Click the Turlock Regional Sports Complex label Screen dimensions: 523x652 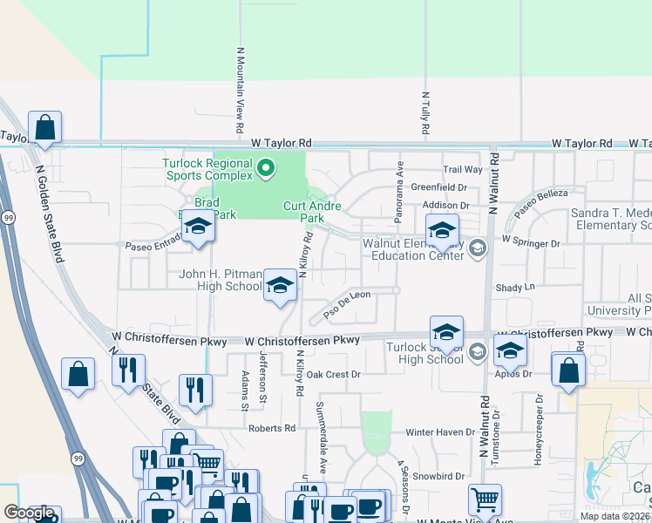(207, 170)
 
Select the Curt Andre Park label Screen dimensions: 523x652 (311, 212)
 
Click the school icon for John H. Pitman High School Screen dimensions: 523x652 (280, 286)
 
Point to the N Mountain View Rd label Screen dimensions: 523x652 (240, 96)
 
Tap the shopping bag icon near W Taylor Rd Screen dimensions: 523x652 (45, 127)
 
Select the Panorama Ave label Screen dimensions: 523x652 (400, 182)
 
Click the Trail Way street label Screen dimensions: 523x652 (462, 170)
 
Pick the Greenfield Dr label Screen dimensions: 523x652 (439, 187)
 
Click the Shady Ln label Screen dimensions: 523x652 (514, 287)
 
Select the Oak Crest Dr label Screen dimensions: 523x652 (333, 374)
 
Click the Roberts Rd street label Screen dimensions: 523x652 (271, 428)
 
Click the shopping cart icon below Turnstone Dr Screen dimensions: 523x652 (485, 499)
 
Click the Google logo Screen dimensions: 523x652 (29, 513)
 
